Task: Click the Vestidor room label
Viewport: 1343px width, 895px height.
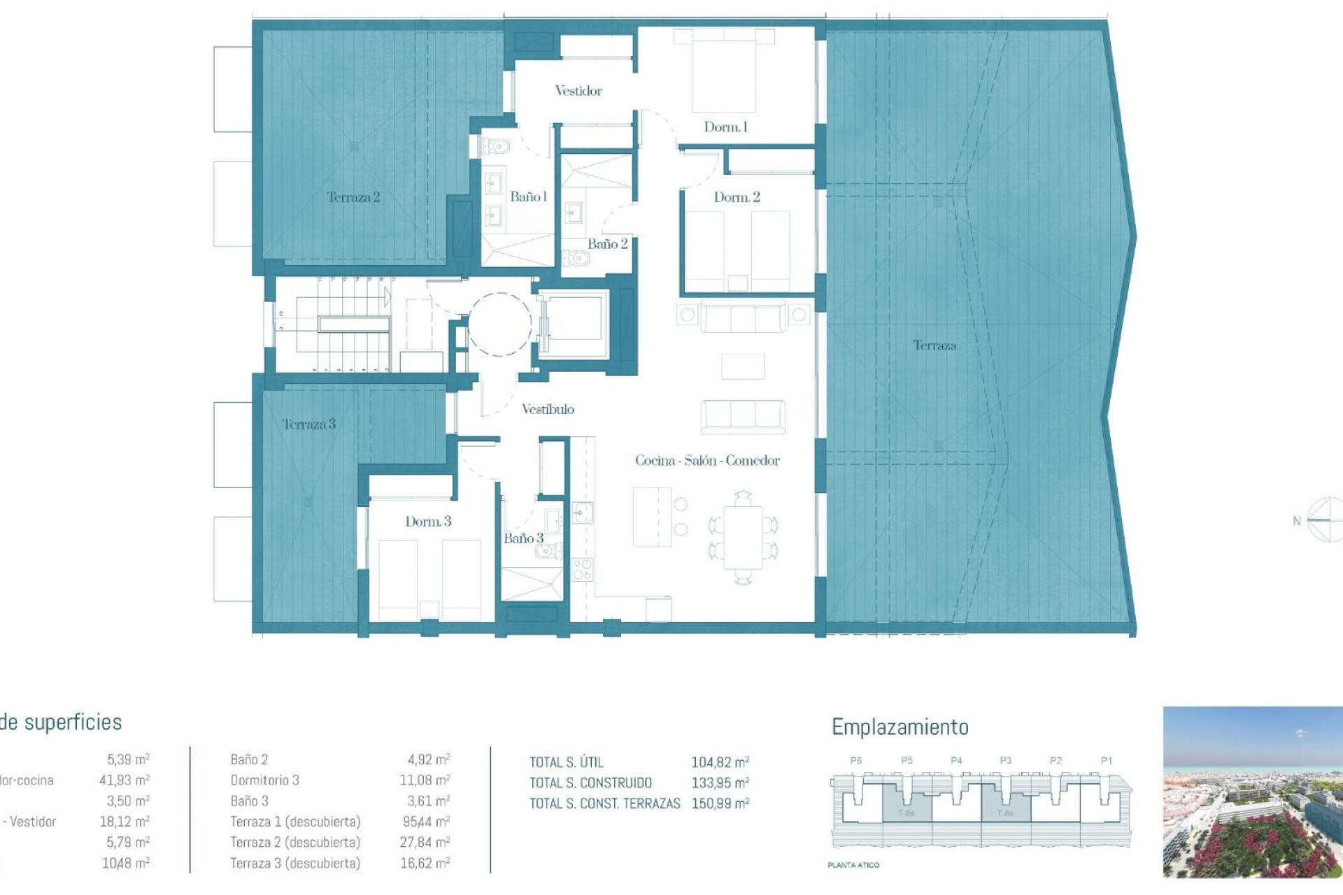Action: point(578,91)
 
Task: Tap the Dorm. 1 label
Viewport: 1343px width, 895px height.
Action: point(725,127)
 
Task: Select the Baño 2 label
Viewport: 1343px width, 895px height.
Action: point(607,244)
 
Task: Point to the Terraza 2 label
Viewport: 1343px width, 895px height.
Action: point(353,197)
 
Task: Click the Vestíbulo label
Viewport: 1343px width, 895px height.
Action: point(548,410)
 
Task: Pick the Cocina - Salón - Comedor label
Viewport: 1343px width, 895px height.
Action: point(707,461)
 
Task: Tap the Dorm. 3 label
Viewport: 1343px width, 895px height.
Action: point(428,522)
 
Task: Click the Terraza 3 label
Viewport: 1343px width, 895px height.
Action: point(308,424)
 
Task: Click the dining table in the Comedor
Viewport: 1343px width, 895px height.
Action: point(743,537)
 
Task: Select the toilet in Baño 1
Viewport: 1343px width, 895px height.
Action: point(496,147)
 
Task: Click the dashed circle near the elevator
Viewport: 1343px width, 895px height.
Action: point(499,324)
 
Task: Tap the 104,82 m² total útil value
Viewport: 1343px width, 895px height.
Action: point(720,762)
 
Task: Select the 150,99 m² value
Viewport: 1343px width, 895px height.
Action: point(720,803)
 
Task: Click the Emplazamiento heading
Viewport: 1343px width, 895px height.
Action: point(900,727)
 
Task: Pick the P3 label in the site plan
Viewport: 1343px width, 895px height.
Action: point(1005,760)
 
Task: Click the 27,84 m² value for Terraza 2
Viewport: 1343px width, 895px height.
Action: point(425,843)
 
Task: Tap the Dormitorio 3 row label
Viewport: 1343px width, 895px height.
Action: point(264,780)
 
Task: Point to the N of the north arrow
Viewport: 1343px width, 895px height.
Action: point(1296,521)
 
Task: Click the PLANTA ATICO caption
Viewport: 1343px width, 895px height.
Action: point(853,865)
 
